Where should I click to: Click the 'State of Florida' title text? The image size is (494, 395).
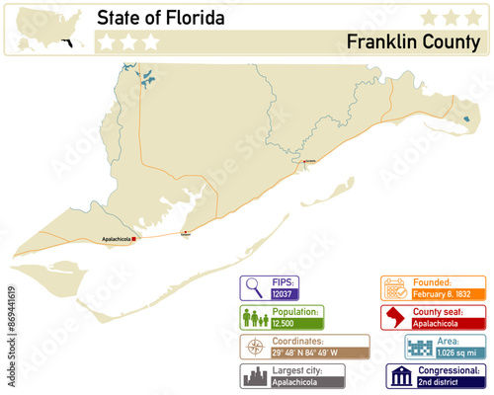coord(160,18)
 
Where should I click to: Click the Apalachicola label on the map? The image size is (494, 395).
coord(118,239)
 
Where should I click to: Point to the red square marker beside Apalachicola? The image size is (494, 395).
coord(136,238)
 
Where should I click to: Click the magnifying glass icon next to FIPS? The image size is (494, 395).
coord(255,287)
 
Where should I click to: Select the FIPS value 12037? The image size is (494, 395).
coord(283,293)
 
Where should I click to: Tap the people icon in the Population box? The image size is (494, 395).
coord(255,318)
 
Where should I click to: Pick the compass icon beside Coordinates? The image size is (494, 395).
coord(255,348)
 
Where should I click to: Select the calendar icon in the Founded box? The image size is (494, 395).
coord(396,287)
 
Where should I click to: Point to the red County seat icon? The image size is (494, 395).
coord(396,318)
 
